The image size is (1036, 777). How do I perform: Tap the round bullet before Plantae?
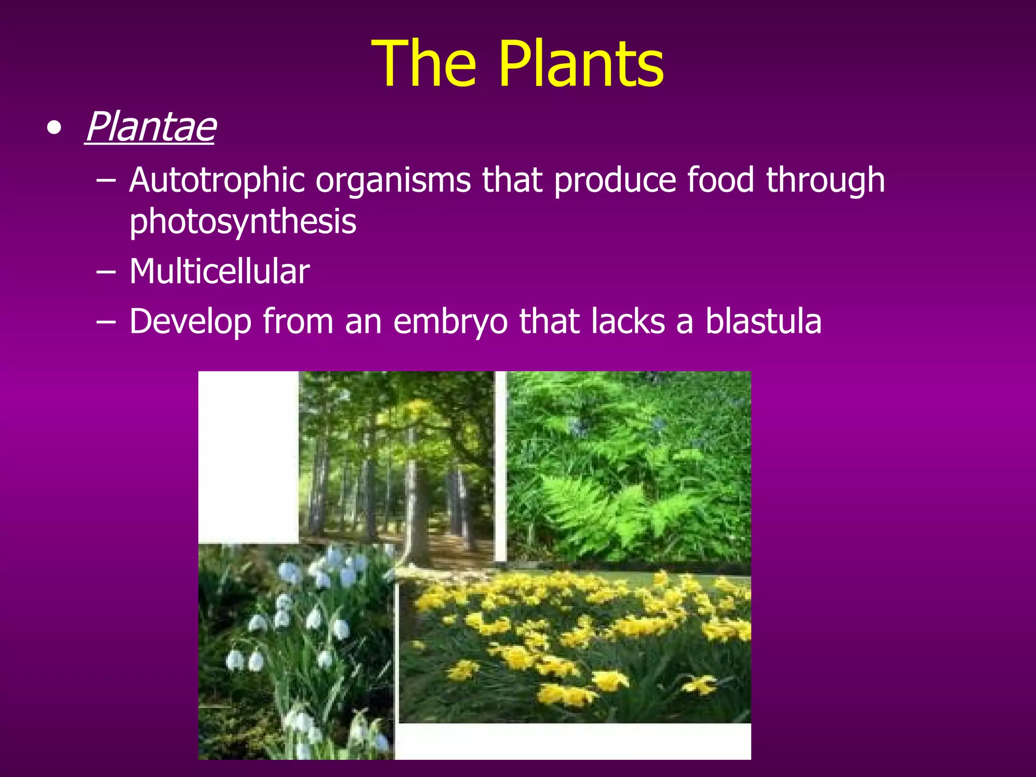[54, 128]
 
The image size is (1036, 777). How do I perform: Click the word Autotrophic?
[217, 180]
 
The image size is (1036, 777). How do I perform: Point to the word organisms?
[393, 181]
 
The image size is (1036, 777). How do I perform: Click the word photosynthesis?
[243, 222]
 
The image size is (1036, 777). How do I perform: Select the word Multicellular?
[219, 272]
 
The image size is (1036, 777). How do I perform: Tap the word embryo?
[450, 322]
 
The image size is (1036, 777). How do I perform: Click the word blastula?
[763, 321]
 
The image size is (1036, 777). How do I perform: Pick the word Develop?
[190, 322]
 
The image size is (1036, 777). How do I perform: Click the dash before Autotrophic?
[106, 181]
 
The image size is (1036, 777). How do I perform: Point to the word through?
[825, 181]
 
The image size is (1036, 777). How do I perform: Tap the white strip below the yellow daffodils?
[572, 741]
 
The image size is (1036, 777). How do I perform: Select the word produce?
[615, 181]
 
